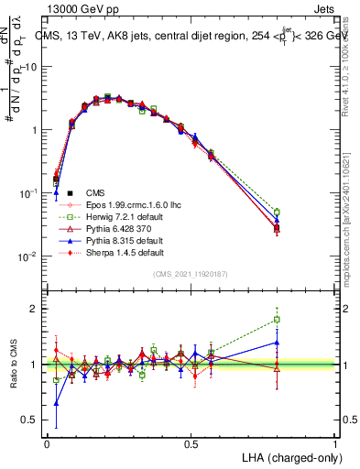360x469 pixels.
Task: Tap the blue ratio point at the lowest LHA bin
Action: (x=57, y=402)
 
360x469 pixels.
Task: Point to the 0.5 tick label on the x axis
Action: (x=191, y=443)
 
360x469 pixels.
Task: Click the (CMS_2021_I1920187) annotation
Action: (x=191, y=274)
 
